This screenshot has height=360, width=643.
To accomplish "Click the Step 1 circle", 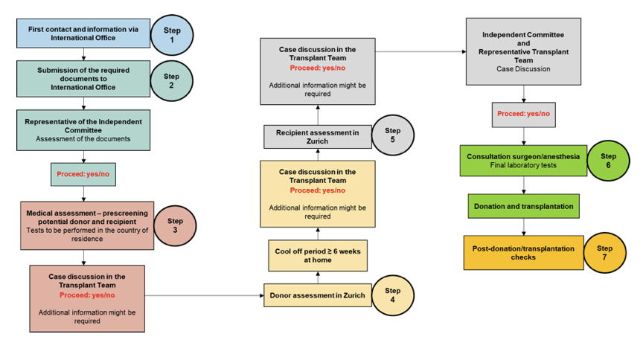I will pos(172,34).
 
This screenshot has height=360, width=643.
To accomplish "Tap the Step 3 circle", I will pos(175,225).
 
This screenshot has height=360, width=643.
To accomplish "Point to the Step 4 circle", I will pos(392,295).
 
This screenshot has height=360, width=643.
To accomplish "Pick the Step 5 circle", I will pos(392,135).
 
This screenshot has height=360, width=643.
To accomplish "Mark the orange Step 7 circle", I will pos(604,253).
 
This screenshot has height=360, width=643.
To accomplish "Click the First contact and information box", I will pos(83,33).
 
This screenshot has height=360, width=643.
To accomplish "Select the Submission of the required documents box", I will pos(83,78).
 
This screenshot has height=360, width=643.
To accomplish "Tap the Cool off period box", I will pos(318,255).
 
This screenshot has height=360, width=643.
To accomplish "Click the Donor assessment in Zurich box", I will pos(318,295).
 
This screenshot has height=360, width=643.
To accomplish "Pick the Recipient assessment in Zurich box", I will pos(318,136).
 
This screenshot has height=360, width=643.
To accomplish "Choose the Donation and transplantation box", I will pos(523,206).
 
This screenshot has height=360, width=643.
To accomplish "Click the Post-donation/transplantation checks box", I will pos(523,252).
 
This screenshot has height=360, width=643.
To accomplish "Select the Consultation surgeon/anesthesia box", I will pos(523,161).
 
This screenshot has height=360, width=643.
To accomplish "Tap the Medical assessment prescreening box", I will pos(87,225).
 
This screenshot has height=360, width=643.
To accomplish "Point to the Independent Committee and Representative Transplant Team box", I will pos(523,51).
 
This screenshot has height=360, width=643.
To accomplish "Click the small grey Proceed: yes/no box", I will pos(523,114).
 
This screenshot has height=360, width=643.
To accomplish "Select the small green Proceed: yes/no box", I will pos(83,174).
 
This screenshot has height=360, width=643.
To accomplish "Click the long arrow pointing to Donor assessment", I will pos(205,295).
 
